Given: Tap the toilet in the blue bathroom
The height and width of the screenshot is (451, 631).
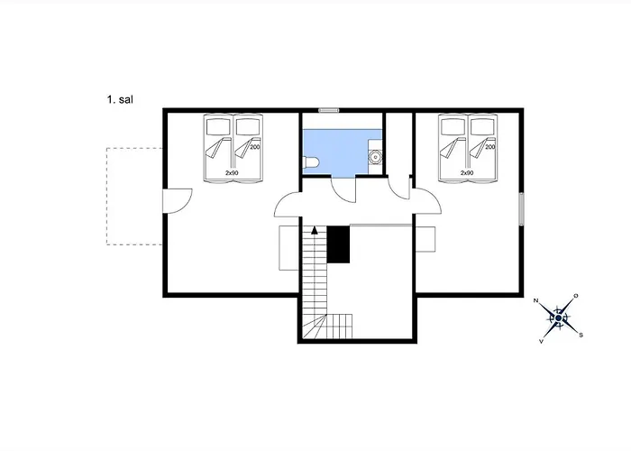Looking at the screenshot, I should pyautogui.click(x=311, y=161).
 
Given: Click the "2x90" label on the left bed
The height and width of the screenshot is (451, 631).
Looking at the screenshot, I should pyautogui.click(x=232, y=171).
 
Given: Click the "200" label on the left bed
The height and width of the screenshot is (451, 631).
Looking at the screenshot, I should pyautogui.click(x=254, y=146).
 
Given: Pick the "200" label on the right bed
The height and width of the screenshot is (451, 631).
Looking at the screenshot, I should pyautogui.click(x=490, y=146).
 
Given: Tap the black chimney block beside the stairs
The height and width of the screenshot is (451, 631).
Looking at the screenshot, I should pyautogui.click(x=338, y=244).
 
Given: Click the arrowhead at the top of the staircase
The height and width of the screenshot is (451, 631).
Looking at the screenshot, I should pyautogui.click(x=314, y=231).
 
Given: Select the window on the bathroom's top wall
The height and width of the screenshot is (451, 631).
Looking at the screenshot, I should pyautogui.click(x=328, y=110).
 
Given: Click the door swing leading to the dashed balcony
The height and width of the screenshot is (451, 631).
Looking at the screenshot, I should pyautogui.click(x=178, y=199).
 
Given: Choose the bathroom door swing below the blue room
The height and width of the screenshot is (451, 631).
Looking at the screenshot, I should pyautogui.click(x=343, y=189).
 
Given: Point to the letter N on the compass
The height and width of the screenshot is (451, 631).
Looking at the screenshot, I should pyautogui.click(x=536, y=299).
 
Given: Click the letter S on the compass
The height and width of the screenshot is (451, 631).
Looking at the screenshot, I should pyautogui.click(x=581, y=335).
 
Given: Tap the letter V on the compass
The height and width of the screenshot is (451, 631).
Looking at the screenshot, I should pyautogui.click(x=541, y=342).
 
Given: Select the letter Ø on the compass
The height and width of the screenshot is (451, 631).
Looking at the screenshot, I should pyautogui.click(x=576, y=296).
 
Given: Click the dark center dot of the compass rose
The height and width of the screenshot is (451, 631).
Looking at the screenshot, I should pyautogui.click(x=559, y=318).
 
